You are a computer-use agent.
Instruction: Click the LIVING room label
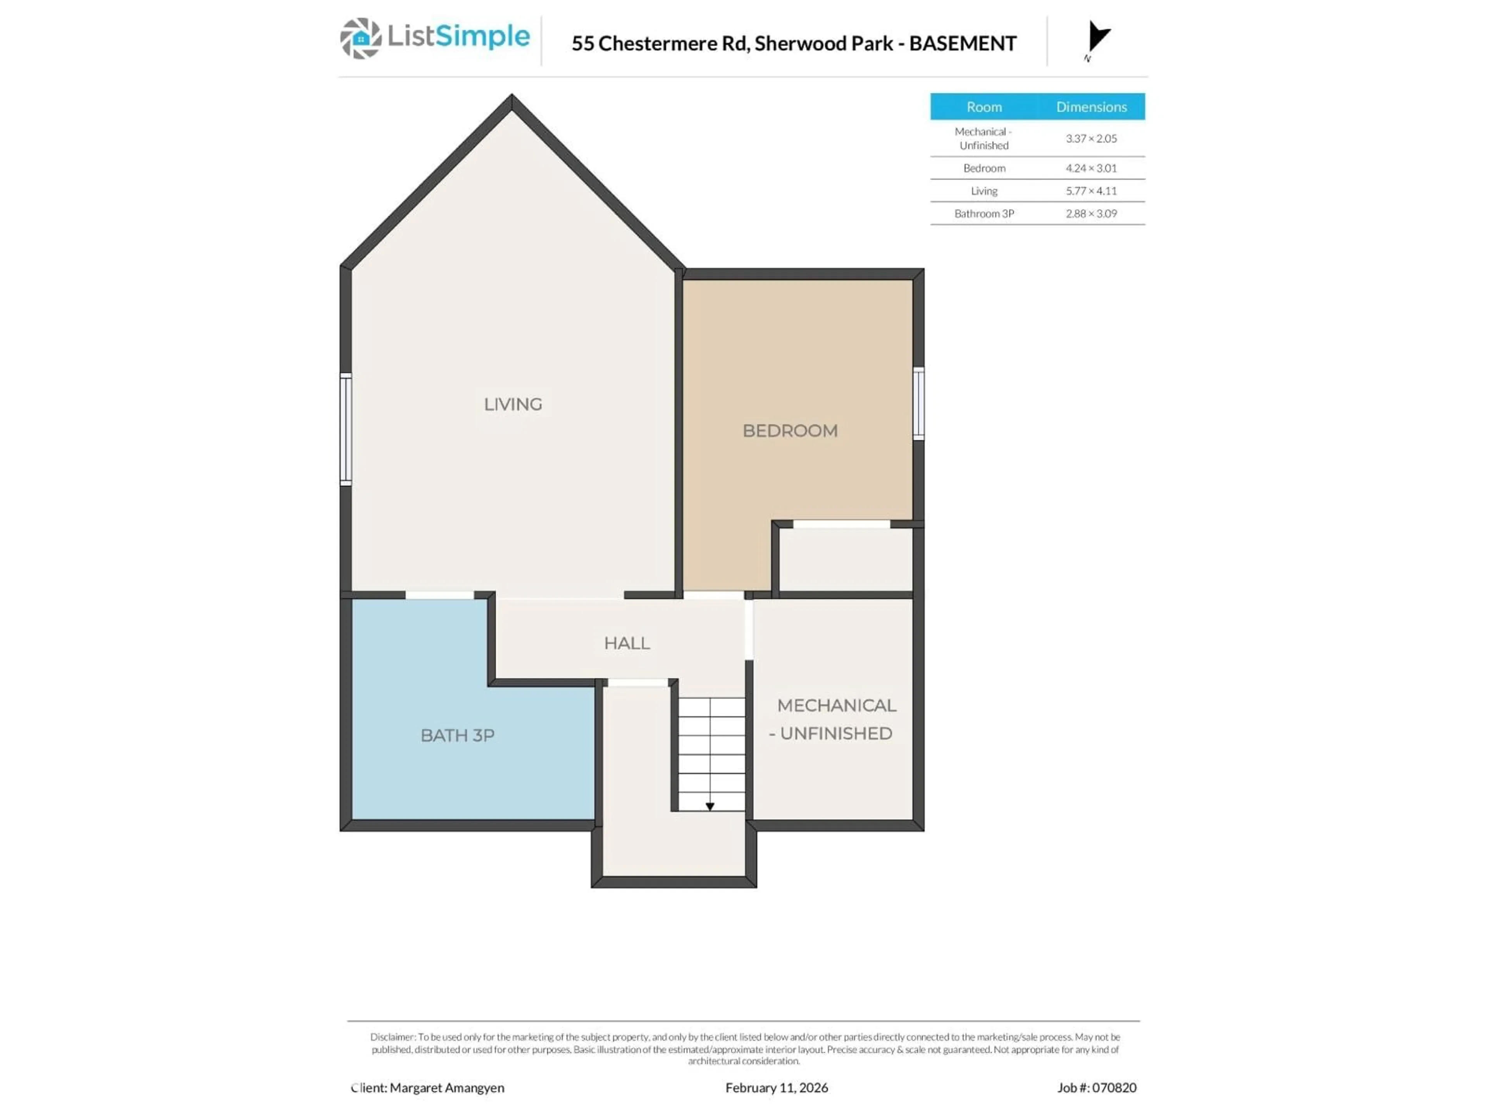[513, 404]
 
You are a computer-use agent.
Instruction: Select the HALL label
[626, 643]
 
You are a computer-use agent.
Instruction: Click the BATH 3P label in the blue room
[457, 735]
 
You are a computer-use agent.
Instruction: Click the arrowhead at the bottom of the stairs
[710, 806]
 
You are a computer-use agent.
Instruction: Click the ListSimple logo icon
[360, 38]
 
